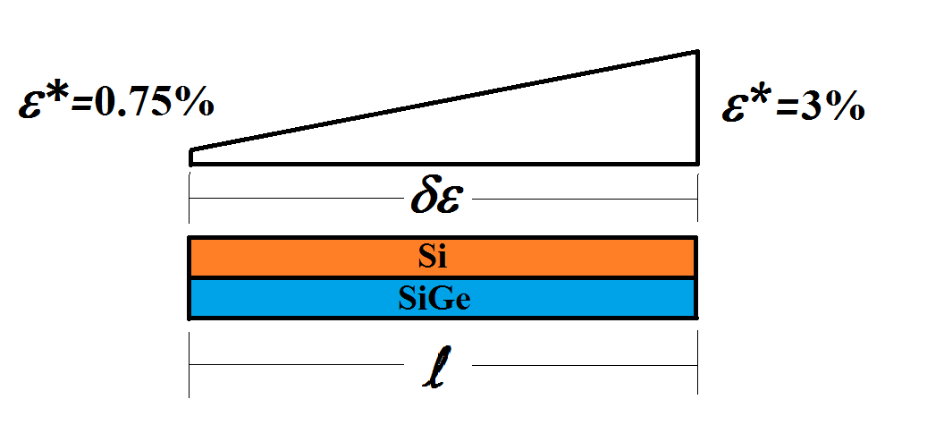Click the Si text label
pos(432,258)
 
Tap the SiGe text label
pos(434,300)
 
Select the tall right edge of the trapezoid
pos(696,107)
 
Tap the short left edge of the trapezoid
pos(190,157)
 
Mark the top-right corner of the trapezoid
pos(696,52)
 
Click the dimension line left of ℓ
pos(295,365)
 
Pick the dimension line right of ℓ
pos(581,365)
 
